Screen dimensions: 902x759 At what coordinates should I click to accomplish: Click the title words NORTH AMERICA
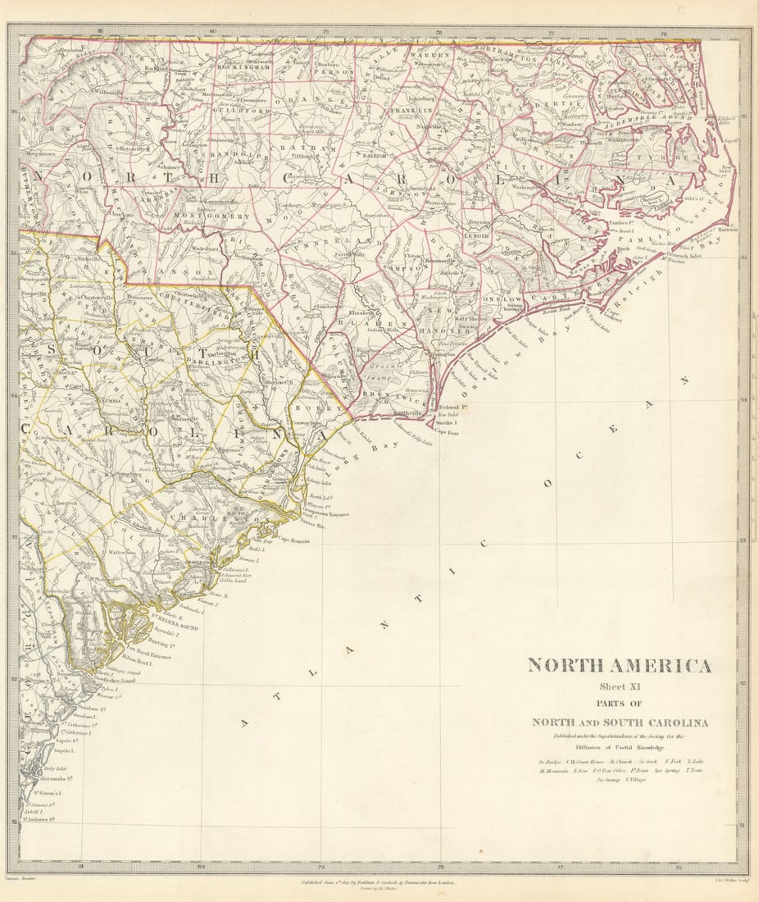pyautogui.click(x=619, y=665)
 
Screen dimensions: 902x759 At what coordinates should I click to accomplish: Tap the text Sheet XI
pyautogui.click(x=619, y=687)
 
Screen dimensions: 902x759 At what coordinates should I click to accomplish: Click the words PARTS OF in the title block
pyautogui.click(x=619, y=704)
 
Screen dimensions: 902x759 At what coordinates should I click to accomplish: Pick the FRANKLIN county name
pyautogui.click(x=411, y=110)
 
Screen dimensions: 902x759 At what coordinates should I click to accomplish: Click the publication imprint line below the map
pyautogui.click(x=379, y=884)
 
